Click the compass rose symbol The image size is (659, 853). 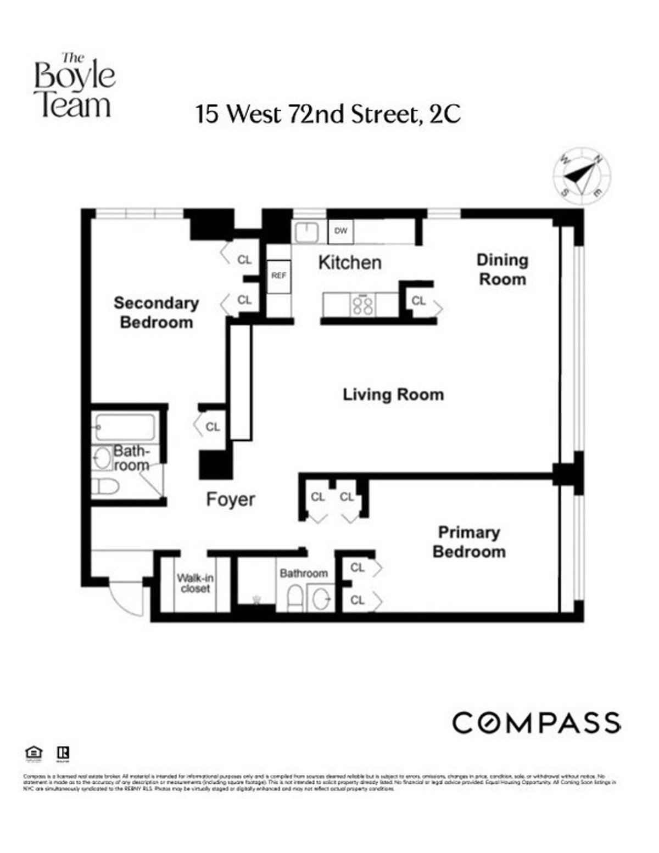(x=581, y=175)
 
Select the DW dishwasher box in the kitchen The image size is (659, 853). (x=341, y=231)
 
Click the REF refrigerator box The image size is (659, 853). (x=279, y=276)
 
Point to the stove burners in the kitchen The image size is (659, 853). (x=363, y=305)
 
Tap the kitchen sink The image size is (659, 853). (x=306, y=232)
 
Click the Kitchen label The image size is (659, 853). (x=350, y=262)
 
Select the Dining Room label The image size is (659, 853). (x=502, y=270)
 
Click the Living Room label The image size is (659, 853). (x=393, y=395)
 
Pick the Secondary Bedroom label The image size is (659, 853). (x=156, y=312)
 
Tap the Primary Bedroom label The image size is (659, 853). (x=469, y=542)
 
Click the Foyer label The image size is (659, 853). (x=230, y=500)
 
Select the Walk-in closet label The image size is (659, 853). (x=195, y=583)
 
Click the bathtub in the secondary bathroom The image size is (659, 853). (x=126, y=426)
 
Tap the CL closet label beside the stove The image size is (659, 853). (x=418, y=301)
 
